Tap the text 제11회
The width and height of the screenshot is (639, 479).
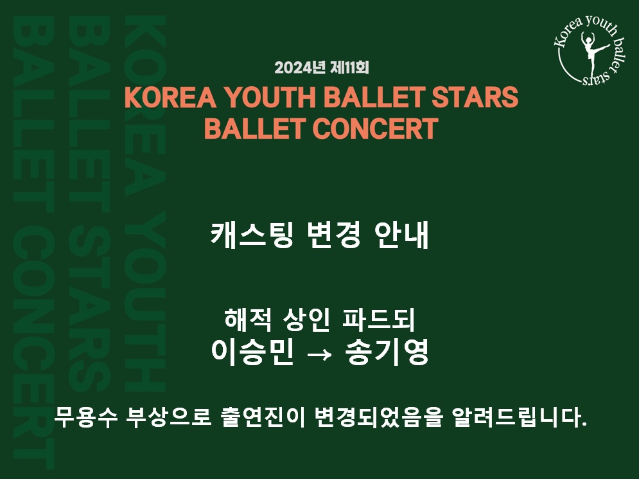(349, 68)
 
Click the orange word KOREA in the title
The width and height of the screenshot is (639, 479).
(170, 97)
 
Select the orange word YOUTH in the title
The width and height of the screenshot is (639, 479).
(270, 97)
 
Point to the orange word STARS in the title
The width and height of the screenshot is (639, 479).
(475, 97)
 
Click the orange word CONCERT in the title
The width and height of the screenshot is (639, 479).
(375, 129)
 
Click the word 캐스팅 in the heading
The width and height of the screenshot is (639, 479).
(252, 235)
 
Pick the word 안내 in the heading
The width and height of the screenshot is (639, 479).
(401, 235)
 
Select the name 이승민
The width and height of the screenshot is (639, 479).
(252, 351)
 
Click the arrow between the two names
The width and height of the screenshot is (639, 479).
(319, 354)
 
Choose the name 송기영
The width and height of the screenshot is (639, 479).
(387, 351)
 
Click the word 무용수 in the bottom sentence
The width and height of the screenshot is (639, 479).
(86, 417)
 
